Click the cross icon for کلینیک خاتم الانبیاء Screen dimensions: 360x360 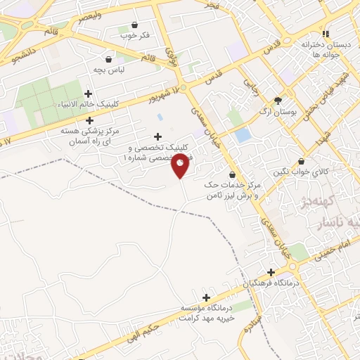coord(88,94)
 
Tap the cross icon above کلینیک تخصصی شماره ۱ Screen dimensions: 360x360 coord(157,136)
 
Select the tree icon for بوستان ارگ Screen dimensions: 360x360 coord(278,101)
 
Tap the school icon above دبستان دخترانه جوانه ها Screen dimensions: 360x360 coord(324,33)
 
